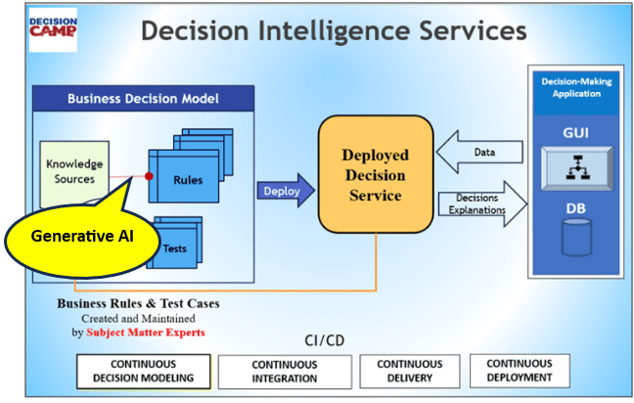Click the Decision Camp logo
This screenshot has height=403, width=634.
tap(53, 33)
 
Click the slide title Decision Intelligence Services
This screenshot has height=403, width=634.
tap(334, 31)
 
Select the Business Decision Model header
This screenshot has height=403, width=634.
tap(143, 99)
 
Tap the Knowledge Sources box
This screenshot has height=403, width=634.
tap(74, 172)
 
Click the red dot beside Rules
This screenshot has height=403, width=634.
tap(149, 177)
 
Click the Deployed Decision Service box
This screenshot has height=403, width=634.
tap(375, 175)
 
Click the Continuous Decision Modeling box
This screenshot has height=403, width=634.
tap(143, 371)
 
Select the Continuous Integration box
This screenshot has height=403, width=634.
tap(284, 371)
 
